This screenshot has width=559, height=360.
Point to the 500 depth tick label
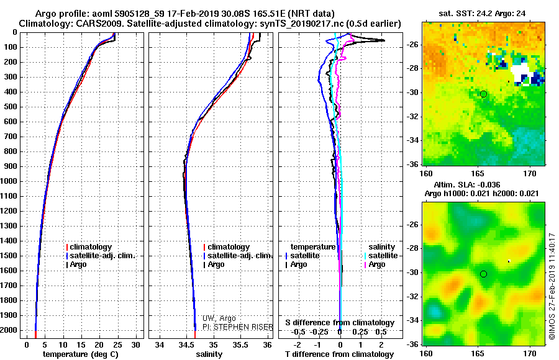click(x=11, y=107)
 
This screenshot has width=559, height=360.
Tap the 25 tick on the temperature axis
click(x=117, y=345)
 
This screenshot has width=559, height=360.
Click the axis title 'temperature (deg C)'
click(x=81, y=354)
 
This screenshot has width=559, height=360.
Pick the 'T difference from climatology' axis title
click(x=339, y=354)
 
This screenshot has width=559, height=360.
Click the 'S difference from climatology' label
click(x=340, y=323)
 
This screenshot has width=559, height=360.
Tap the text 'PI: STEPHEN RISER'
click(x=238, y=327)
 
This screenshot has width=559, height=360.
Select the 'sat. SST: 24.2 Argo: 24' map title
click(x=482, y=14)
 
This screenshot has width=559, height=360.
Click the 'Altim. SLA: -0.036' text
click(x=466, y=184)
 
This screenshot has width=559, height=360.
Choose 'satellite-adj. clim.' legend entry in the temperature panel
click(x=101, y=256)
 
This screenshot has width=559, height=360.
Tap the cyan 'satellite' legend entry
click(x=381, y=256)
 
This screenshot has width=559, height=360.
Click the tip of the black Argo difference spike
click(x=384, y=40)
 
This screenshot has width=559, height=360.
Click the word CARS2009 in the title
click(x=101, y=24)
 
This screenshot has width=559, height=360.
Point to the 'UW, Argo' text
click(x=219, y=318)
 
